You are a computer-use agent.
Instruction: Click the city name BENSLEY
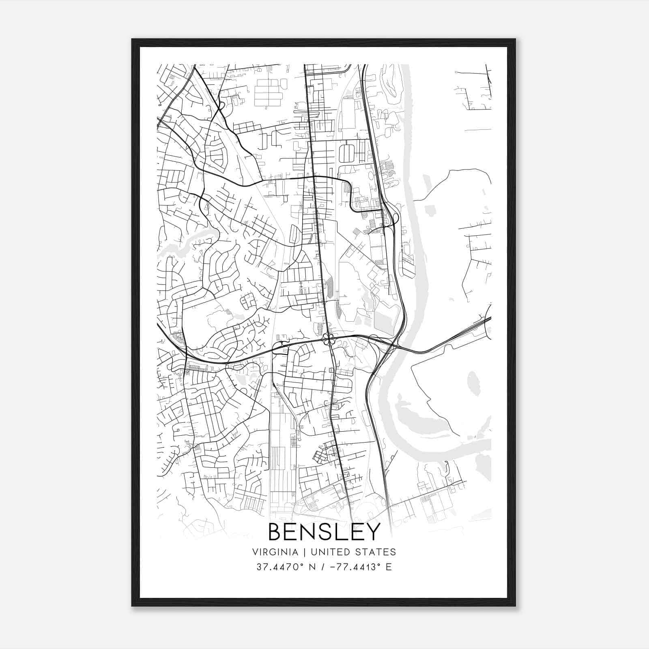(x=324, y=532)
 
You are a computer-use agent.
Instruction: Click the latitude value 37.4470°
(x=280, y=567)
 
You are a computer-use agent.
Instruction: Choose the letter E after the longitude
(x=389, y=567)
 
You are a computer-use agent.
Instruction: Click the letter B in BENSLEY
(x=276, y=532)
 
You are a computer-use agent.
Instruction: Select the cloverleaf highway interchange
(x=329, y=339)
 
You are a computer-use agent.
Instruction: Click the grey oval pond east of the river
(x=473, y=383)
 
